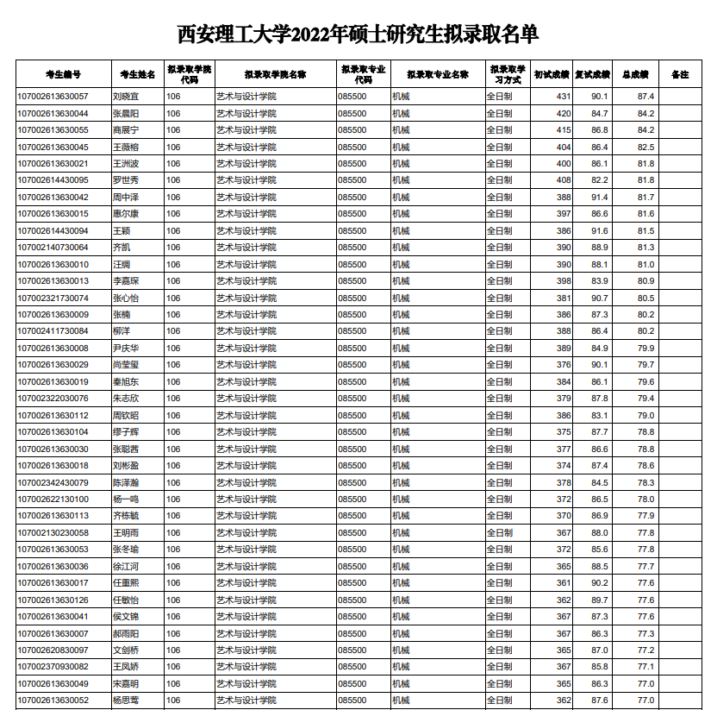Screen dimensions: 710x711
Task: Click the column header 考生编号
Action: coord(63,74)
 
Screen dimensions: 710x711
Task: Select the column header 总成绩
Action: coord(634,74)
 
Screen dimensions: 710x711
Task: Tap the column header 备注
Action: coord(680,74)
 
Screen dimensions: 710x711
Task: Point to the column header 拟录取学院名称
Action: coord(275,74)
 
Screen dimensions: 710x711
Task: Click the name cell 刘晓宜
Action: coord(126,97)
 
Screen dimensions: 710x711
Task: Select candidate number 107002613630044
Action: coord(53,113)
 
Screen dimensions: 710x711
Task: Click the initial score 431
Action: coord(564,97)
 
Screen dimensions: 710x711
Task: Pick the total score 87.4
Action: coord(646,97)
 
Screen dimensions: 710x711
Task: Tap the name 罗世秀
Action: coord(126,180)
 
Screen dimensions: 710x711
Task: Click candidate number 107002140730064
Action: coord(53,248)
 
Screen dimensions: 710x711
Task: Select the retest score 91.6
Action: coord(600,230)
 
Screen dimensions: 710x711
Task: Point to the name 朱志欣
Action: coord(126,399)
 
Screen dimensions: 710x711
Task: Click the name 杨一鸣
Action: coord(126,500)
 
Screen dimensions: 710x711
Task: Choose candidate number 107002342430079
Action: coord(53,482)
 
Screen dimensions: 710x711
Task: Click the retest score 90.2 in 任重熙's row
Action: coord(600,583)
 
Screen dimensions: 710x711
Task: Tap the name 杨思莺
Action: coord(126,701)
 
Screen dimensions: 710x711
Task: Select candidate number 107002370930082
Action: coord(53,667)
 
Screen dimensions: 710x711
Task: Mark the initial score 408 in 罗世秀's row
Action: coord(564,180)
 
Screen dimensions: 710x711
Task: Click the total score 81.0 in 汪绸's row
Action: coord(646,264)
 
